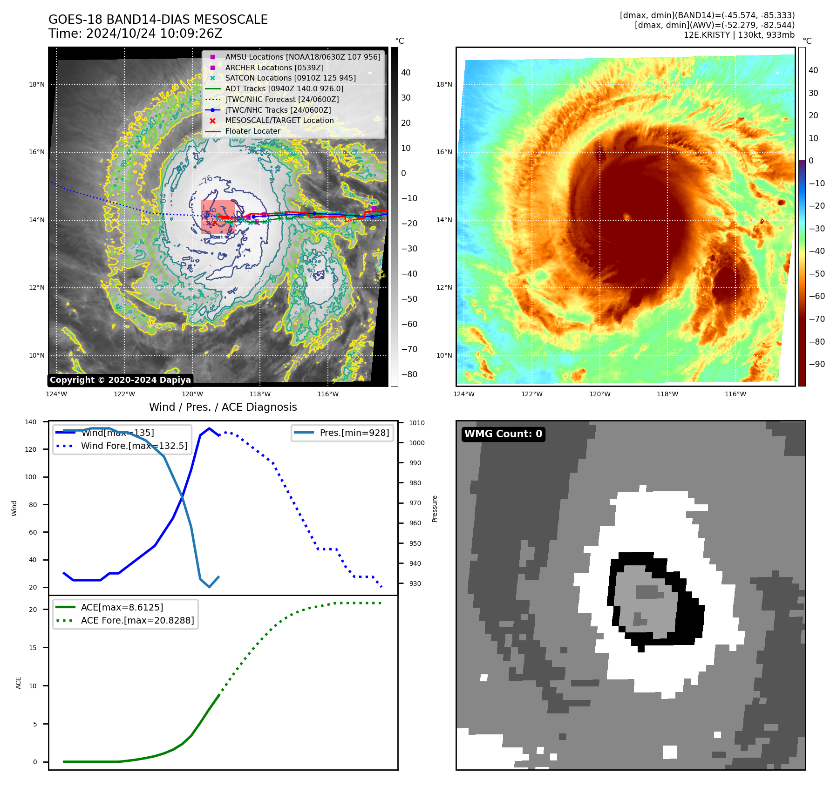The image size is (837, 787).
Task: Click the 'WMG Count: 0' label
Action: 503,434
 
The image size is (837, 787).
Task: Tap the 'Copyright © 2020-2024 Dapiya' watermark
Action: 120,380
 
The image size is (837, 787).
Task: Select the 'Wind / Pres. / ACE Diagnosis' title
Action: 223,407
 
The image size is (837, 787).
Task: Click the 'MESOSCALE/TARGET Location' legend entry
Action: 279,121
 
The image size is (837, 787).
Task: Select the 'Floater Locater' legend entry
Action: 252,131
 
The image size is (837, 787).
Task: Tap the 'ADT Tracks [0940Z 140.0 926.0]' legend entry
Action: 284,88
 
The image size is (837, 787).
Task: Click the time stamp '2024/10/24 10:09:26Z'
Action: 154,34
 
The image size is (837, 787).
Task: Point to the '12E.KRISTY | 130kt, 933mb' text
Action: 739,35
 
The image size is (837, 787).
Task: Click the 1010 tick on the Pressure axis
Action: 417,423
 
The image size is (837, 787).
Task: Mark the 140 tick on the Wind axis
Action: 30,422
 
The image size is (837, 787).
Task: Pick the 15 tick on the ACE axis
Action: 33,648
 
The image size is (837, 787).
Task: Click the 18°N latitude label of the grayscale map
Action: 37,85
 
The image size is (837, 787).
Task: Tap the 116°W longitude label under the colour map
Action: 735,394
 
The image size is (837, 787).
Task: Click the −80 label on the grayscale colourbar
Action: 409,374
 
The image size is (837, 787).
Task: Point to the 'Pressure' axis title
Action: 435,509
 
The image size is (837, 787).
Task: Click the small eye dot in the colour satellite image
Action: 626,216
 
